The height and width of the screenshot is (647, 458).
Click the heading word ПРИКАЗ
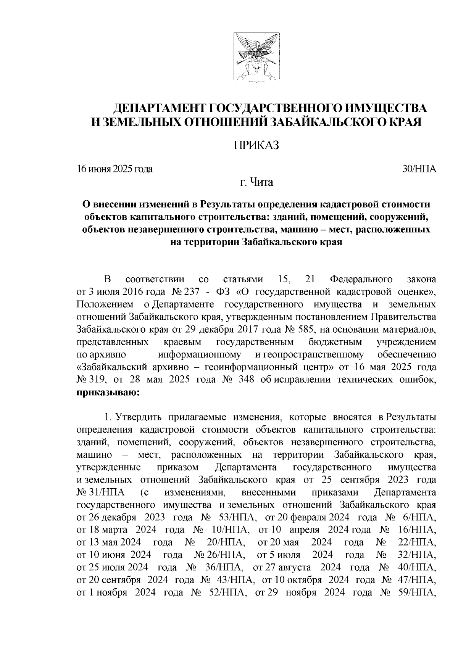(x=256, y=145)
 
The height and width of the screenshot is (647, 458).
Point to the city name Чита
(x=261, y=183)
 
